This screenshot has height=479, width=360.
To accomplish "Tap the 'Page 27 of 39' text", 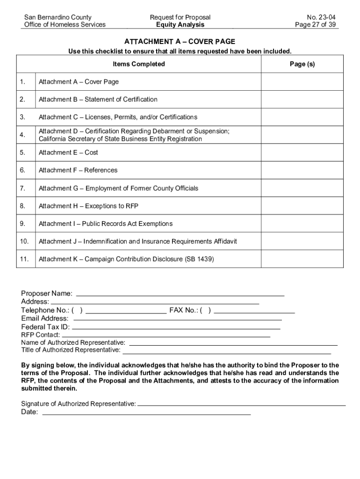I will tap(316, 25).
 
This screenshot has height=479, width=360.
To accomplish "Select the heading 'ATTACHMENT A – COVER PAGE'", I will tap(180, 42).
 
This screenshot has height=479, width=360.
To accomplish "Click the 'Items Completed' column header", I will tap(139, 64).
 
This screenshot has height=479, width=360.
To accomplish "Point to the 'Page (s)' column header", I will tap(302, 64).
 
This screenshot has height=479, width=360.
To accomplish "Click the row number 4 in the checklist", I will tap(23, 135).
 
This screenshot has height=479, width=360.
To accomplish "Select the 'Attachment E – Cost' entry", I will tap(68, 152).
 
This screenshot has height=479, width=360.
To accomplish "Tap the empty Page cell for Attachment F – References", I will tap(302, 170).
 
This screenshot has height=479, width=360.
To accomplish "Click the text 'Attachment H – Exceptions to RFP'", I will tap(88, 206).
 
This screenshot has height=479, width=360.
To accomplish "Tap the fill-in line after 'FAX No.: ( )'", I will tap(255, 311).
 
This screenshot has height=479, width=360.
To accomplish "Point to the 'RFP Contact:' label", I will tap(41, 335).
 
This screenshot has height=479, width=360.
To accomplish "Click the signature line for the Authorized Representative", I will tap(242, 404).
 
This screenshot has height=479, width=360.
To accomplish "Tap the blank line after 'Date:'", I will tap(146, 414).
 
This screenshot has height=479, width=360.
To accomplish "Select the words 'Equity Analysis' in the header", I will tap(180, 25).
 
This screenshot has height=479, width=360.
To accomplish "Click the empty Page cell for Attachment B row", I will tap(302, 99).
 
